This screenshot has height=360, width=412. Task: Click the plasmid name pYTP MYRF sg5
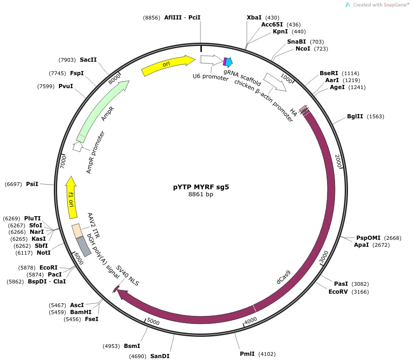(x=201, y=187)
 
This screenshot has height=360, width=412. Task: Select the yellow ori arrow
(x=168, y=65)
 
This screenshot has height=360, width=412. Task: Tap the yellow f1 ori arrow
(x=71, y=198)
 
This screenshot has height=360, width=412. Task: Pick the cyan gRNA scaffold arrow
(x=229, y=62)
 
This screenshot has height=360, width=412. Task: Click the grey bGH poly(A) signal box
(x=84, y=246)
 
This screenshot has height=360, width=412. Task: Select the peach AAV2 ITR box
(x=77, y=231)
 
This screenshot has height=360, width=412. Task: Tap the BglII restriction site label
(x=355, y=116)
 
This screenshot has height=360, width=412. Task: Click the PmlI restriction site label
(x=247, y=354)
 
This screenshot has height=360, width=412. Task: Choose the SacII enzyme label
(x=88, y=60)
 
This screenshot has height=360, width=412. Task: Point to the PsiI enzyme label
(x=32, y=184)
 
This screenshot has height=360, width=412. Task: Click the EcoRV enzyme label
(x=338, y=292)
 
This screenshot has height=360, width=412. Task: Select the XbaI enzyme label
(x=254, y=17)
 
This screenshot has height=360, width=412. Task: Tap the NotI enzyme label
(x=44, y=252)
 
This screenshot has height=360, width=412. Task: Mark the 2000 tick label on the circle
(x=338, y=161)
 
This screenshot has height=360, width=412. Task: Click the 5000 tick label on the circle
(x=153, y=321)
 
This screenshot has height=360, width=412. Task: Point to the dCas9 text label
(x=284, y=277)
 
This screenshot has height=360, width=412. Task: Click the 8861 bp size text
(x=201, y=194)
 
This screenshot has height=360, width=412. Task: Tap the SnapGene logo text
(x=381, y=5)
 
